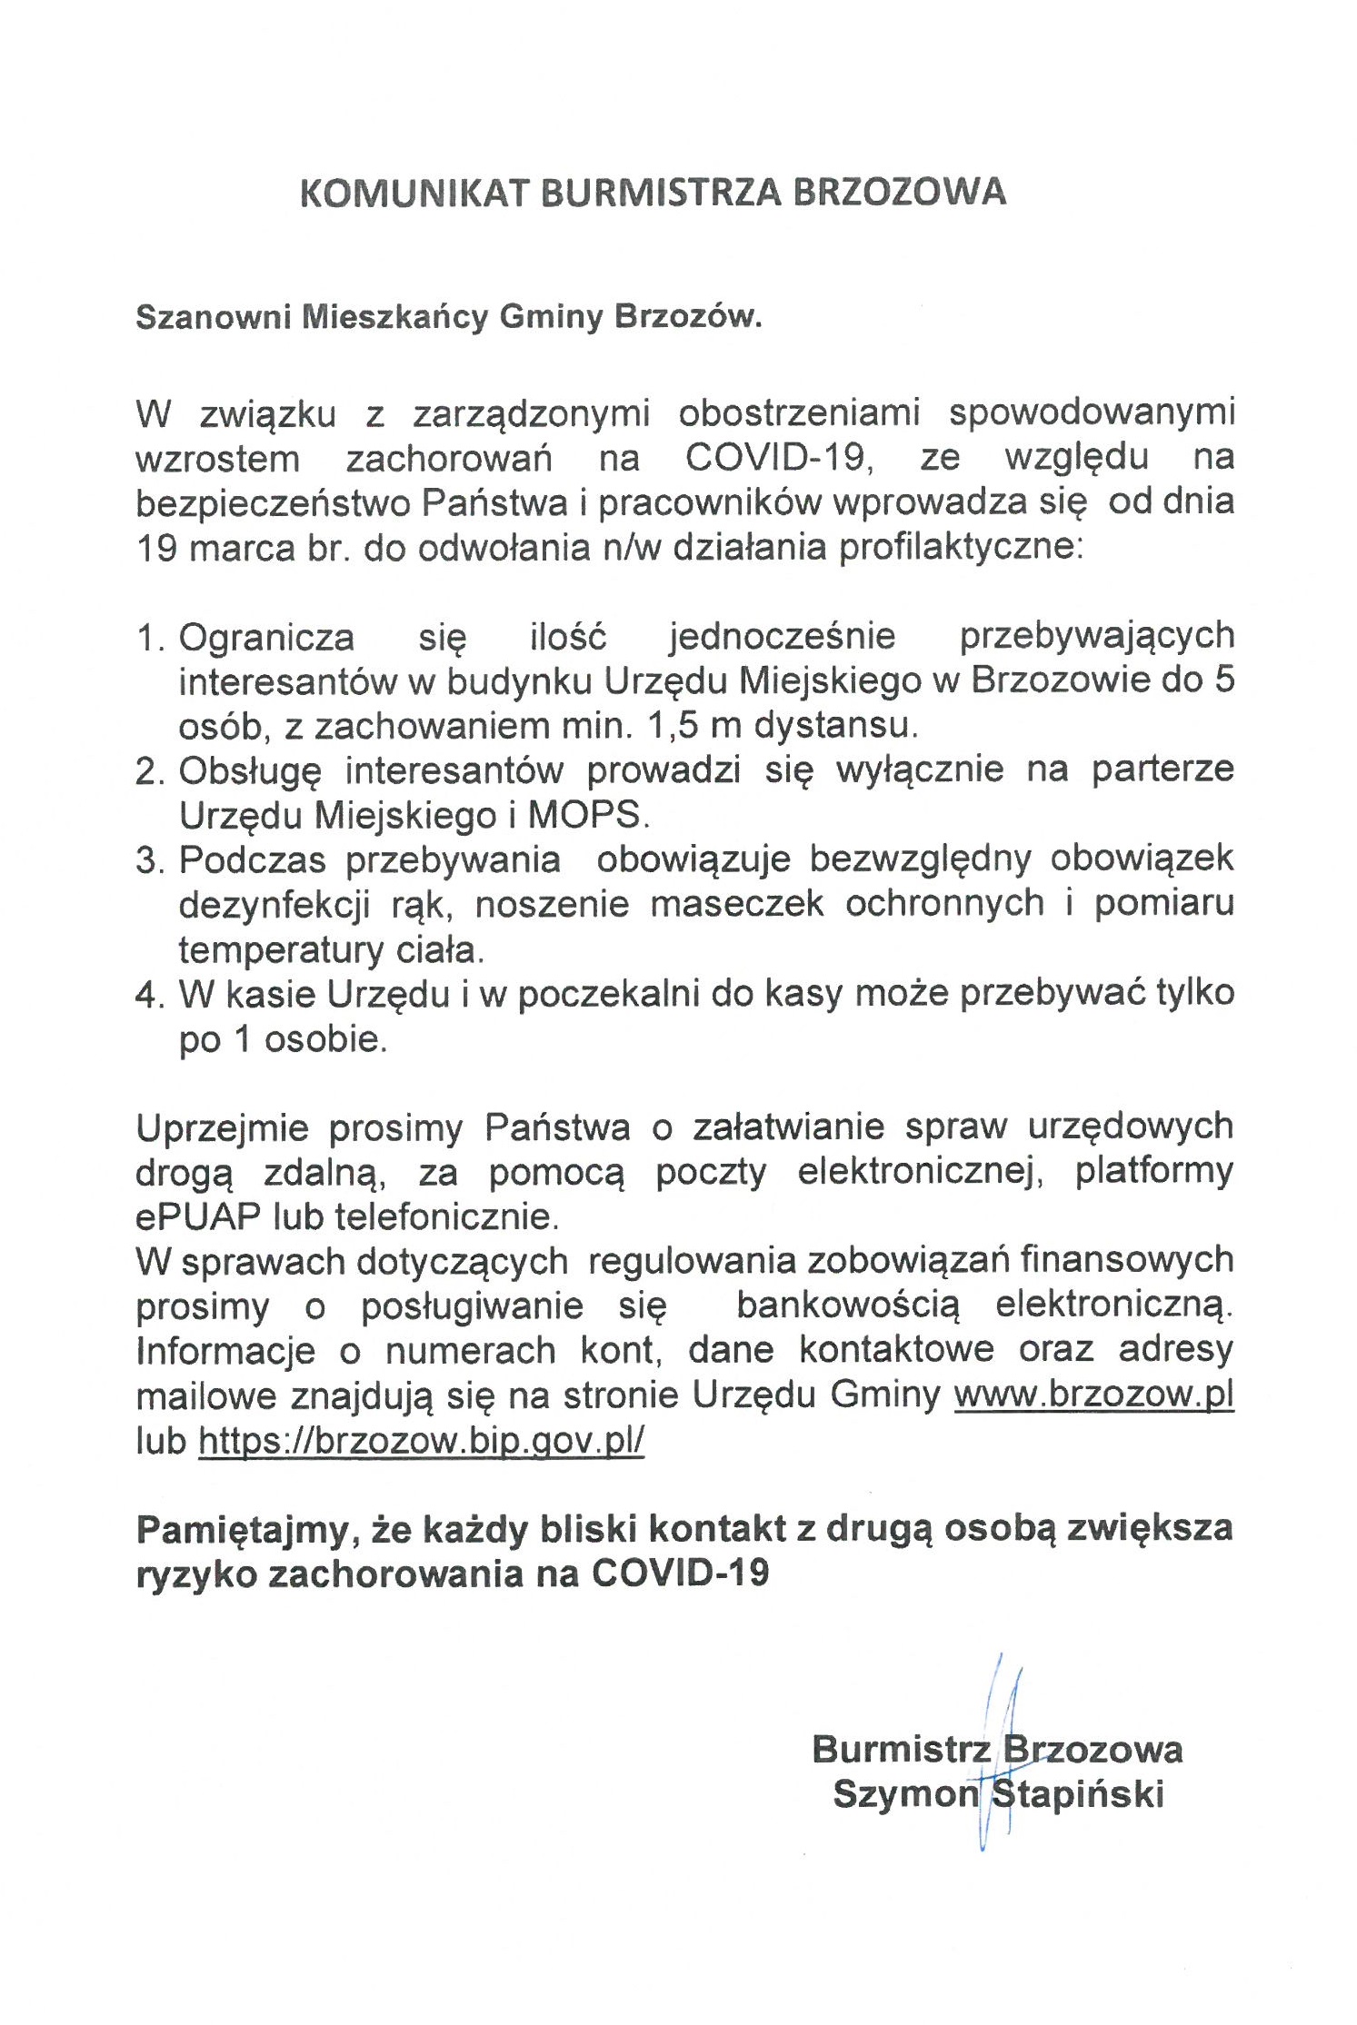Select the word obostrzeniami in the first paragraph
click(x=799, y=413)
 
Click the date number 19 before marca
click(x=155, y=549)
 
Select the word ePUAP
click(x=191, y=1216)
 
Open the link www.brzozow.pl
click(x=1093, y=1395)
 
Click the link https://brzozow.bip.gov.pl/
click(x=421, y=1440)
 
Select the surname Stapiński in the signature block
click(x=1078, y=1794)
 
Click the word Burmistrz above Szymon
click(x=900, y=1749)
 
